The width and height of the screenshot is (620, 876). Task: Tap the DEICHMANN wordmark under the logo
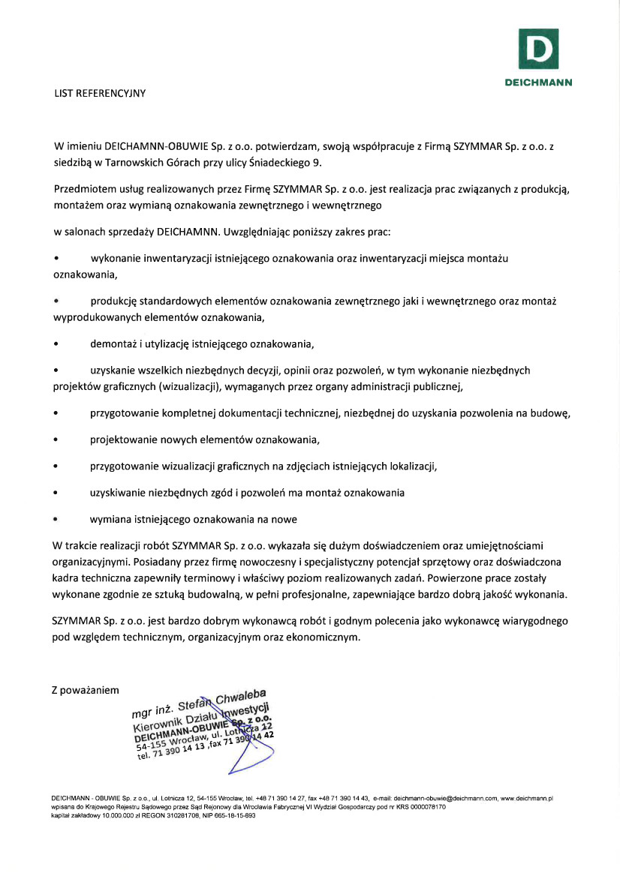pyautogui.click(x=537, y=82)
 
